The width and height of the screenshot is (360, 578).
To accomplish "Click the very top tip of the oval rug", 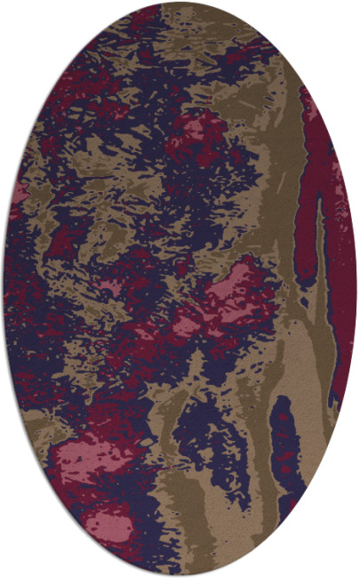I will tap(180, 3).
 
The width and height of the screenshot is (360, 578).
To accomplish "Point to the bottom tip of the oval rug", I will tap(180, 575).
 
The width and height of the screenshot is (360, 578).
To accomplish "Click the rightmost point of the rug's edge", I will tap(356, 289).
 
